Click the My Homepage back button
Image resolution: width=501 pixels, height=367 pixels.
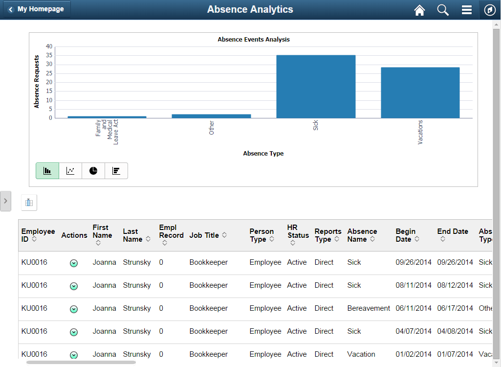[37, 9]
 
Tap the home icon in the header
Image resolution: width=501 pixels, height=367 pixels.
[419, 10]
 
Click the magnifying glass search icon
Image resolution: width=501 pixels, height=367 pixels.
[443, 10]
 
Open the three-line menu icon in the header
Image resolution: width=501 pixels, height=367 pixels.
[466, 10]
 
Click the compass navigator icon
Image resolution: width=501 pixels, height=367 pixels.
[490, 10]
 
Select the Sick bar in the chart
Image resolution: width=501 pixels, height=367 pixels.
[316, 87]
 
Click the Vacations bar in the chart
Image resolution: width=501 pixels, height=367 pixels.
[420, 92]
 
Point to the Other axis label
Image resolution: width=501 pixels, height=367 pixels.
[212, 128]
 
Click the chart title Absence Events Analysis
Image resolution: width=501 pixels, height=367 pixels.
[254, 40]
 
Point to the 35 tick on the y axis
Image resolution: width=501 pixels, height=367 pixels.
[49, 55]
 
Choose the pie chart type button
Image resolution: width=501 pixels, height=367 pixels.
[93, 171]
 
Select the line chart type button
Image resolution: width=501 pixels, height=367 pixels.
[70, 171]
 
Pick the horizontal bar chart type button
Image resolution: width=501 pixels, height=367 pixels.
[116, 171]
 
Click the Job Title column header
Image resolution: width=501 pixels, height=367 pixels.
[204, 235]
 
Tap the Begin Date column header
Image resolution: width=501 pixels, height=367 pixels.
[406, 235]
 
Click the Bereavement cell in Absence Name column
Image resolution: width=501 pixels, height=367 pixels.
[369, 308]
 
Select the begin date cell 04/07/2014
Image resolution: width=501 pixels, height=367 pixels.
[414, 331]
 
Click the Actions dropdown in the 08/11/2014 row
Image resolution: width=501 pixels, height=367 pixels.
[74, 286]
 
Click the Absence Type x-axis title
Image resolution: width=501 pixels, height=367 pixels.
[263, 154]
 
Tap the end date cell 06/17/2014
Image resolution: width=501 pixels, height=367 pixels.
[455, 308]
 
